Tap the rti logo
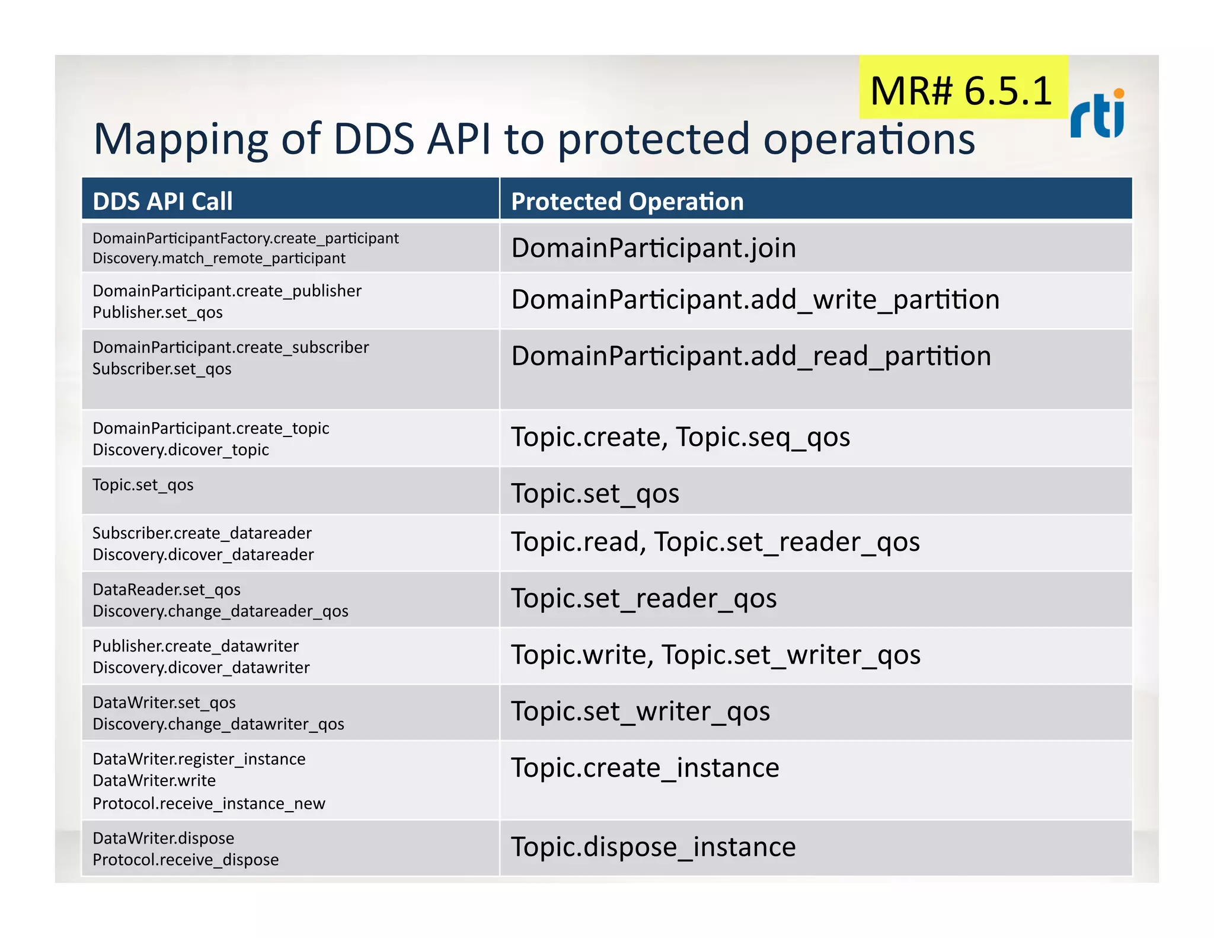click(1097, 114)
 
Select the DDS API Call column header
click(163, 202)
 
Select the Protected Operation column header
click(627, 202)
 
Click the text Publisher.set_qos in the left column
click(158, 312)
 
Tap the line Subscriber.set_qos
click(162, 369)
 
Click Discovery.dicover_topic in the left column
click(181, 450)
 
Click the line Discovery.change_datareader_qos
click(221, 611)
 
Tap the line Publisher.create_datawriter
click(196, 646)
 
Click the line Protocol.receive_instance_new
click(209, 804)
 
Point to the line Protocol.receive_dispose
click(186, 860)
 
